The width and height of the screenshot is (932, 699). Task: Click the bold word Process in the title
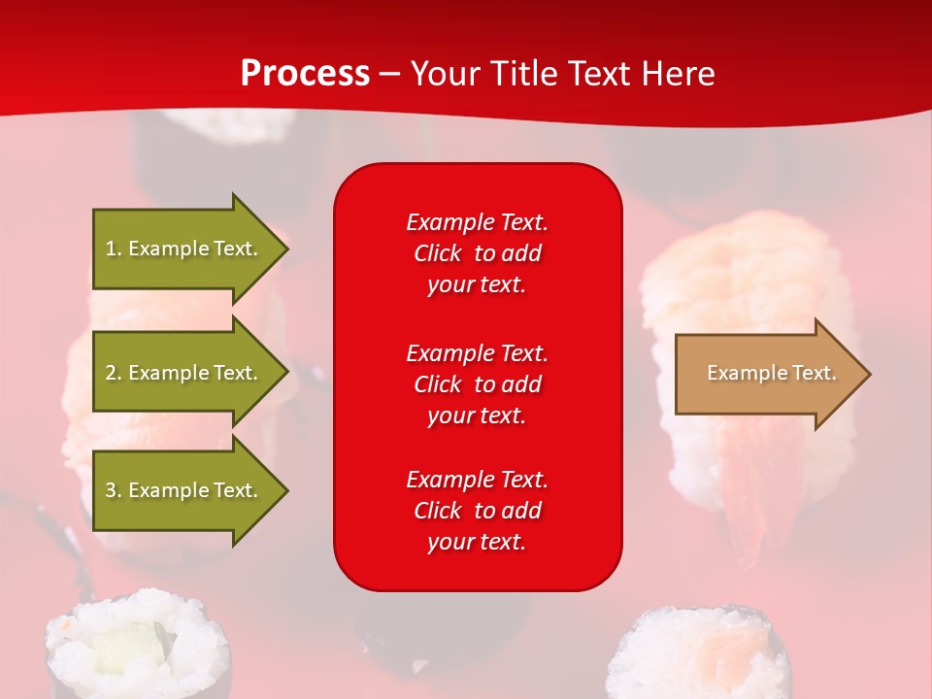tap(305, 74)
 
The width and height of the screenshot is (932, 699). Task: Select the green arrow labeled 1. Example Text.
tap(184, 249)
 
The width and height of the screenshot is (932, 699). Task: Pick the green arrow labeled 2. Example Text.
tap(184, 373)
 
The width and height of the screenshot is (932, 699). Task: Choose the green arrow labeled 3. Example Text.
tap(184, 490)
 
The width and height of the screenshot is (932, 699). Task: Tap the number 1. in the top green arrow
tap(114, 249)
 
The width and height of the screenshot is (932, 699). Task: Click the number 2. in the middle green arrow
tap(114, 373)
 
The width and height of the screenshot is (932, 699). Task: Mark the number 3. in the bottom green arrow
tap(114, 490)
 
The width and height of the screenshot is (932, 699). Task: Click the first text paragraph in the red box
tap(477, 253)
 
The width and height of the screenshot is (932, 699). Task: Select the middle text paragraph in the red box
tap(477, 384)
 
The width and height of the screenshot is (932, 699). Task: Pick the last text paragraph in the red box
tap(477, 511)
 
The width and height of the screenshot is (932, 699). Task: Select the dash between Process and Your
tap(389, 74)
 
